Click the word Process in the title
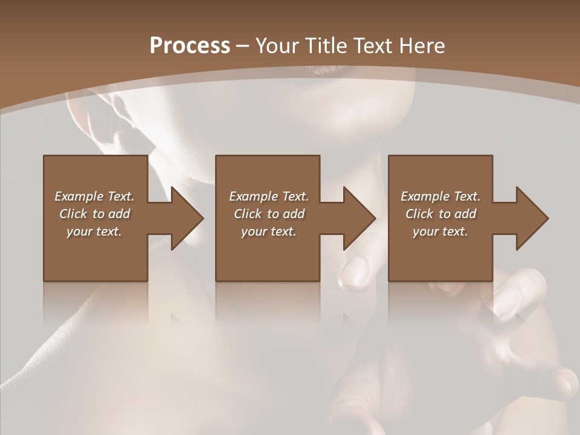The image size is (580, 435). click(190, 45)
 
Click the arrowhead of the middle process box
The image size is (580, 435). click(359, 218)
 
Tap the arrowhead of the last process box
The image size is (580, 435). click(531, 218)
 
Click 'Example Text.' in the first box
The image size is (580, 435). click(94, 196)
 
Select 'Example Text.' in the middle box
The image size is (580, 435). click(269, 196)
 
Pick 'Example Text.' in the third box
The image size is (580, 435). click(440, 196)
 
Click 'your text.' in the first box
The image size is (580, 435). click(94, 231)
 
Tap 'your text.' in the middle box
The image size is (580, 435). click(269, 231)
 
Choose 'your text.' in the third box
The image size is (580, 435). click(440, 231)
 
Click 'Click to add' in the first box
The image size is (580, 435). click(94, 214)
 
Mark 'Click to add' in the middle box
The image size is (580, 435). click(269, 214)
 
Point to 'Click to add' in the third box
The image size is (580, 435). click(440, 214)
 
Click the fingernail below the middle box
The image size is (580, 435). click(355, 271)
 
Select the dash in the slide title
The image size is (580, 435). click(243, 47)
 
